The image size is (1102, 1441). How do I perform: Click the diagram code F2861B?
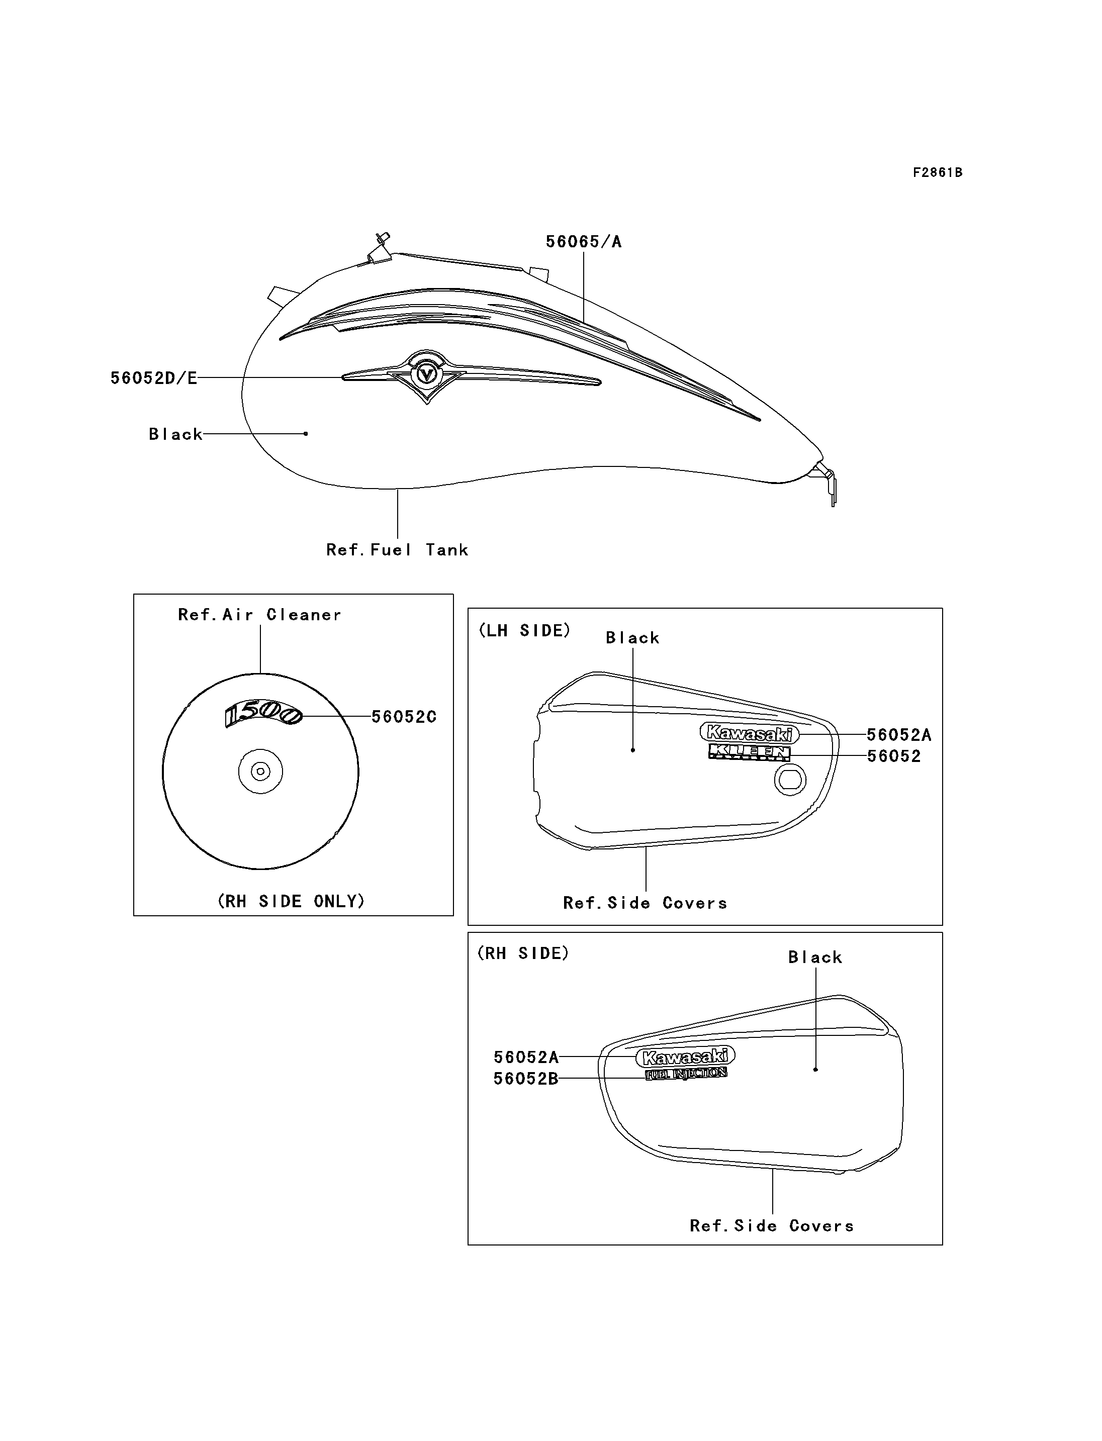click(x=938, y=172)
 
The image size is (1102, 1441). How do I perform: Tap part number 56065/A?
click(x=584, y=242)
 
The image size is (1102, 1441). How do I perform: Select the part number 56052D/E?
click(x=153, y=378)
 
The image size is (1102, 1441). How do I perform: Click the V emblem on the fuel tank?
click(x=427, y=375)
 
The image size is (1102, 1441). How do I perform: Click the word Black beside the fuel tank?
click(x=175, y=434)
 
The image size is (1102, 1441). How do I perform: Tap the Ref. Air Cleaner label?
click(x=260, y=615)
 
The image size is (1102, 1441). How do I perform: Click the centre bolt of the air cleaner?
click(x=260, y=772)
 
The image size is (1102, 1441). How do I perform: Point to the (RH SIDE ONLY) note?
click(x=291, y=901)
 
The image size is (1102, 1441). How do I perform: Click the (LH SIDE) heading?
click(x=524, y=630)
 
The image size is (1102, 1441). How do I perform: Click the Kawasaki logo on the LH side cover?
click(x=749, y=733)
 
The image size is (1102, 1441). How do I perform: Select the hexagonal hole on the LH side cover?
click(x=790, y=781)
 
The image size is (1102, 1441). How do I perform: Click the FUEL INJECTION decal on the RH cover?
click(x=686, y=1074)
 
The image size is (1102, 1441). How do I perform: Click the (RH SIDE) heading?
click(x=523, y=953)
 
